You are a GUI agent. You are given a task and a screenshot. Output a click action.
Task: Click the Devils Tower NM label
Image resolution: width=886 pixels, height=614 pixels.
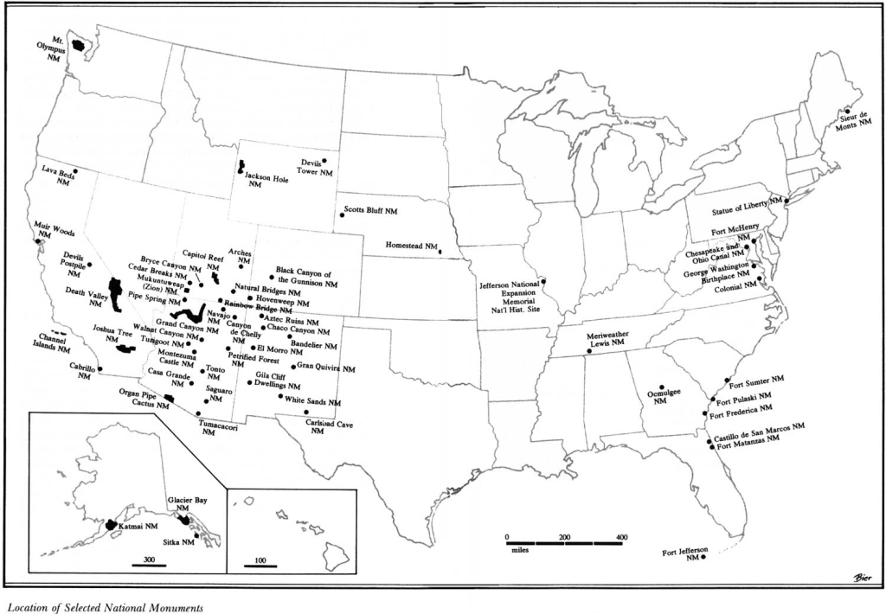[317, 168]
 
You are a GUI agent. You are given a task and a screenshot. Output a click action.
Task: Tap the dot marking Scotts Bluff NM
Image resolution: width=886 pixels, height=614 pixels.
[342, 215]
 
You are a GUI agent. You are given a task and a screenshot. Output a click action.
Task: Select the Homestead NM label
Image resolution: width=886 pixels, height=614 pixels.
[412, 245]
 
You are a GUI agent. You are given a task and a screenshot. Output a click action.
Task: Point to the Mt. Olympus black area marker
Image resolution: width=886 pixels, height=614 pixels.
[78, 45]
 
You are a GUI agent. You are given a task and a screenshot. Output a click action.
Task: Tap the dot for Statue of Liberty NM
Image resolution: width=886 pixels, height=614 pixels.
[786, 201]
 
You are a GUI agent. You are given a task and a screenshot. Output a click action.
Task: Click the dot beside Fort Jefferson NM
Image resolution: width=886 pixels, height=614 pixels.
[703, 558]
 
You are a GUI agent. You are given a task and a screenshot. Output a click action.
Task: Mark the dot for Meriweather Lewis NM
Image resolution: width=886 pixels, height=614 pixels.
[588, 350]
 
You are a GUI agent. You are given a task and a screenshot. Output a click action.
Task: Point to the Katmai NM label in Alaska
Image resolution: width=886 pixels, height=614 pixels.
[139, 526]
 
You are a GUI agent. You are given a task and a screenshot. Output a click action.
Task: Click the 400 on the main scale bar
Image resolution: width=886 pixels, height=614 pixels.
[620, 538]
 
